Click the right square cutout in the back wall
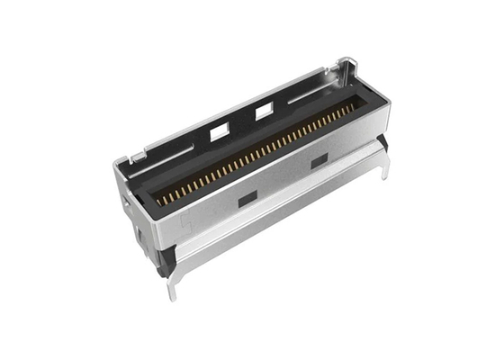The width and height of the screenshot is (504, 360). click(265, 111)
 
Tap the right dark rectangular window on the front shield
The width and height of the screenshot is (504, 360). click(319, 160)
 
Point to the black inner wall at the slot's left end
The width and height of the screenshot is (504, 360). click(148, 193)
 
